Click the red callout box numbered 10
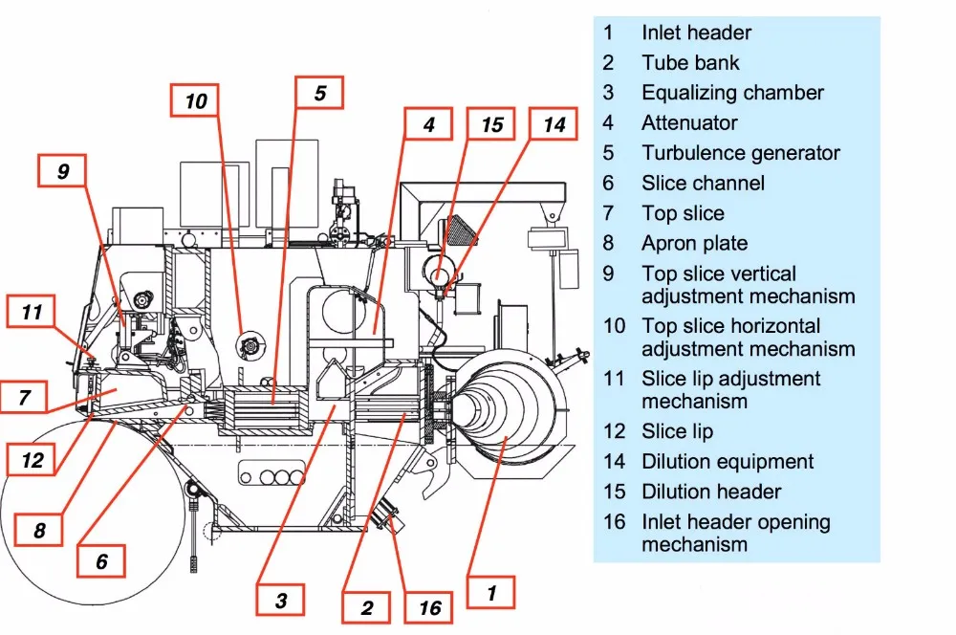195,101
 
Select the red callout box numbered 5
319,94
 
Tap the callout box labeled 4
429,125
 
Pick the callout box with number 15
491,125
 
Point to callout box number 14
554,125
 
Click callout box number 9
63,172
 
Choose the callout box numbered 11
33,312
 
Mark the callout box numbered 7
25,396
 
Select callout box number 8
40,529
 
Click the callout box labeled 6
101,561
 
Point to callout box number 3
280,601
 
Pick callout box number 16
429,607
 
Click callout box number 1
490,593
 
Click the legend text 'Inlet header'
696,33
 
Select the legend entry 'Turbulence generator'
741,153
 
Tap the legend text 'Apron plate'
694,244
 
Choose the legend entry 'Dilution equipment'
728,462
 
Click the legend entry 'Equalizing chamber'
732,93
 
